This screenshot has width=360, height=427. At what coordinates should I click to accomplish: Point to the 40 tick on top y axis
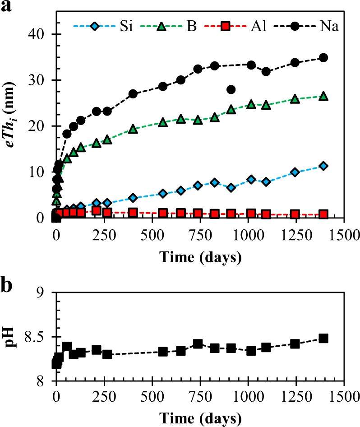click(x=38, y=34)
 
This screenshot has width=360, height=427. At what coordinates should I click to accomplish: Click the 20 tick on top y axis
click(x=38, y=126)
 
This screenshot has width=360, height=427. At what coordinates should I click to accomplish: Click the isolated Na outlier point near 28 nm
click(x=231, y=89)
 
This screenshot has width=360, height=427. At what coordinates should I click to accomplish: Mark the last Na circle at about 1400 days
click(x=323, y=58)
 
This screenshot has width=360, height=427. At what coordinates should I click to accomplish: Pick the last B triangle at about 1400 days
click(x=323, y=96)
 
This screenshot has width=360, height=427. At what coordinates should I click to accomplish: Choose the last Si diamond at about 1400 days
click(x=323, y=166)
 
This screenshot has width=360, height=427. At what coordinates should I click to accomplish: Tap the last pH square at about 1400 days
click(x=323, y=339)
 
